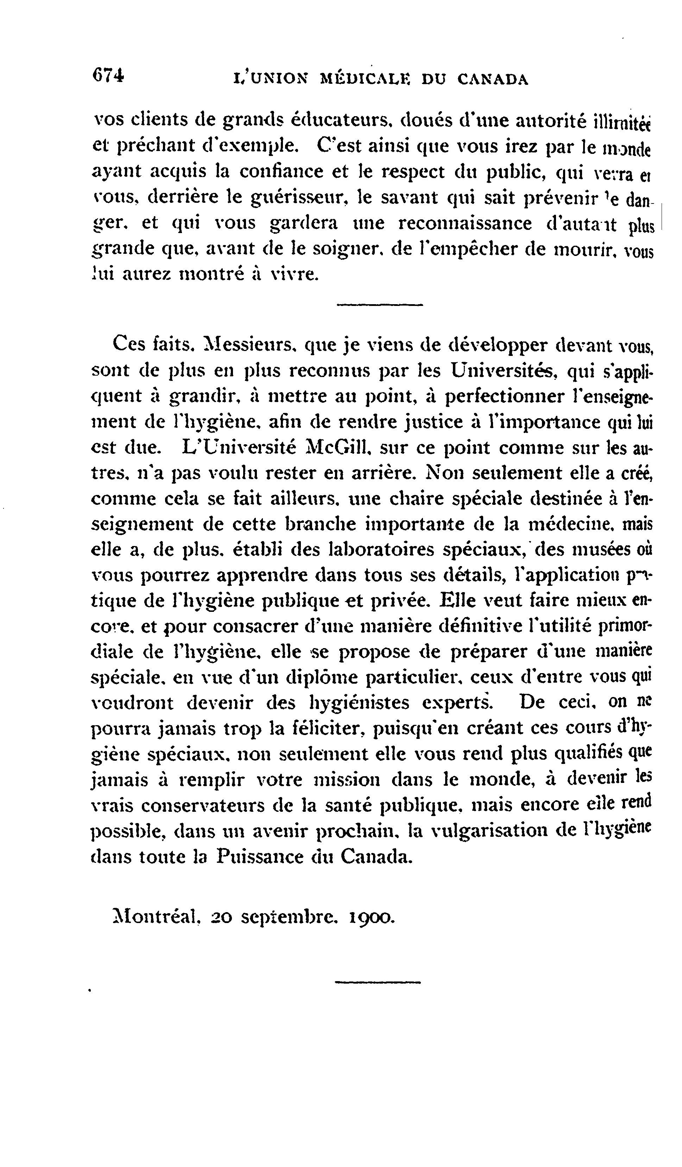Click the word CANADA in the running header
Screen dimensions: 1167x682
(x=493, y=79)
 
